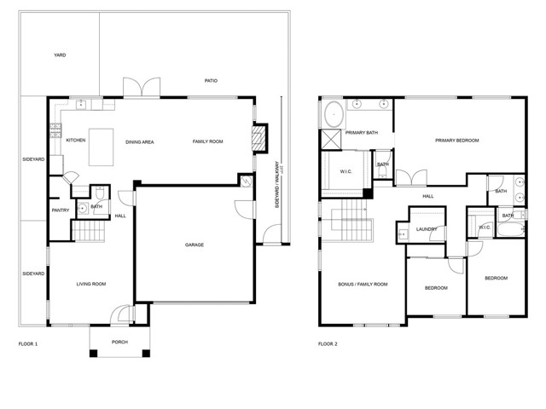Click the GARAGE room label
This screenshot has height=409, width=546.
coord(195,245)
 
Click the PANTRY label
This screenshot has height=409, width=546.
coord(60,210)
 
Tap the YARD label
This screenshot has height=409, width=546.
coord(60,55)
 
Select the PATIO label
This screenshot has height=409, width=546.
coord(211,81)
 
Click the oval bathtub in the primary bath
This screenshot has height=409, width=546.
coord(332,113)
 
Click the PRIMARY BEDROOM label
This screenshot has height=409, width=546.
coord(456,141)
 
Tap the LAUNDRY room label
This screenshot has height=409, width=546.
coord(427,229)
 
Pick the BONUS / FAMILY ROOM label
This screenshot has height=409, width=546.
coord(363,284)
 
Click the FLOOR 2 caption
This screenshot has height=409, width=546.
coord(328,344)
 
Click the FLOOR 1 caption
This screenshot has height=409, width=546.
coord(28,344)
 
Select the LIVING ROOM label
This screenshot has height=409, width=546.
coord(90,284)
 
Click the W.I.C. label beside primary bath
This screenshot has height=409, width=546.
coord(346,170)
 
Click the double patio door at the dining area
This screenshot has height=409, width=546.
coord(142,88)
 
